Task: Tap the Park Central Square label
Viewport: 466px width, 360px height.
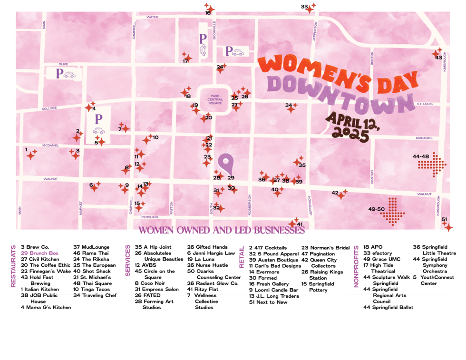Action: click(212, 99)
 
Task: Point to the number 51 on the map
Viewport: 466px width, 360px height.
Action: click(444, 219)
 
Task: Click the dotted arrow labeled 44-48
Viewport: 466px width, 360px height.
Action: click(431, 165)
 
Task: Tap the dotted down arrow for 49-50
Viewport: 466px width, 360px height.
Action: click(393, 212)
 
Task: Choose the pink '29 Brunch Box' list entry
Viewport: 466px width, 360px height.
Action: click(39, 253)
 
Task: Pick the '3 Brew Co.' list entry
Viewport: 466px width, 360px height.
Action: click(35, 247)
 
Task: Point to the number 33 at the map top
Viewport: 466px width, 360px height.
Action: click(304, 7)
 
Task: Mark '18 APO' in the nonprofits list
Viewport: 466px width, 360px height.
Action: click(373, 247)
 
